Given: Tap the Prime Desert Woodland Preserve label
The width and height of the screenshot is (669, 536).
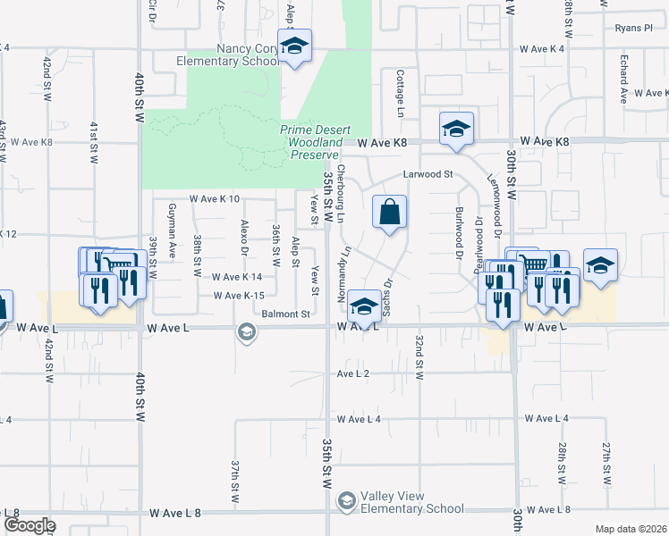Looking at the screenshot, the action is (x=316, y=142).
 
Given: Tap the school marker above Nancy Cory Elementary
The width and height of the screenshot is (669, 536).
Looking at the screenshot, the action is (x=294, y=46).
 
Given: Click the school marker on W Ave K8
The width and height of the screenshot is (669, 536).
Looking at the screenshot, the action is (x=455, y=129).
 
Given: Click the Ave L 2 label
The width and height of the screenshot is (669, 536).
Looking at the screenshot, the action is (x=353, y=373).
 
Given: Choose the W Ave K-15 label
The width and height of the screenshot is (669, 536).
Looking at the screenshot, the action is (x=240, y=296).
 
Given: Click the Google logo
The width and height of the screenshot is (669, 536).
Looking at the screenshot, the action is (x=30, y=524).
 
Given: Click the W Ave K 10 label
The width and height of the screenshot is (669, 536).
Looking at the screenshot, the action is (x=215, y=199).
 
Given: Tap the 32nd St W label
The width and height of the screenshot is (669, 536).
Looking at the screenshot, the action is (x=419, y=356).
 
